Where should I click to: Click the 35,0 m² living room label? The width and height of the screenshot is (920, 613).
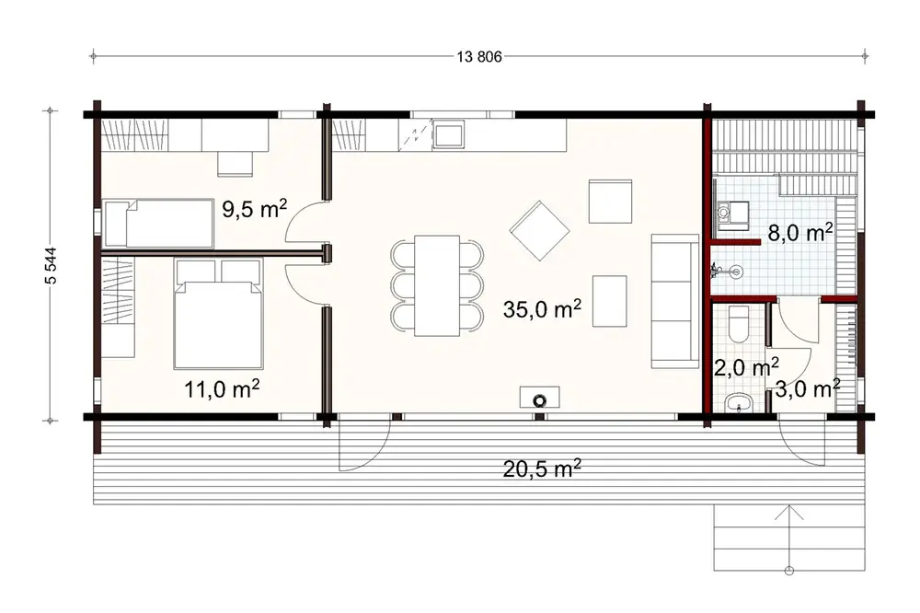tap(542, 309)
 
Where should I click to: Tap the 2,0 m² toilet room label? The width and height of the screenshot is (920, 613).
tap(741, 368)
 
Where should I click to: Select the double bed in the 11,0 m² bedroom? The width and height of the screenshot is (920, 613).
tap(219, 313)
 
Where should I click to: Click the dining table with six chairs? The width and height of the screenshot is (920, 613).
tap(437, 285)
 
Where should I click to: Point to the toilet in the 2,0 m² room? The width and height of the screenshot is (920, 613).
tap(741, 327)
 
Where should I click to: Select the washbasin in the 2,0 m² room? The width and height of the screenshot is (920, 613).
tap(740, 403)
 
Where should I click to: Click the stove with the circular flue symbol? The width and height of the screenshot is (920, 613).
tap(539, 399)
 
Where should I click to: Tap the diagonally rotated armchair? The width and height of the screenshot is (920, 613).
tap(540, 231)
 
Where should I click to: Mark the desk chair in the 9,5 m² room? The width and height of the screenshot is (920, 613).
tap(235, 163)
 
